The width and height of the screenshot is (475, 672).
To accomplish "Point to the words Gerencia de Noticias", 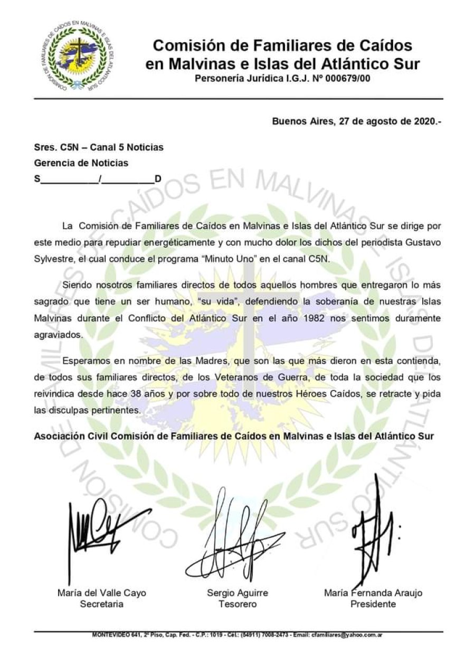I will click(81, 163).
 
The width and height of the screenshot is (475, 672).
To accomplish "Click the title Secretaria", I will click(101, 604).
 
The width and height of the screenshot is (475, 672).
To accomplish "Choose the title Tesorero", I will click(237, 604).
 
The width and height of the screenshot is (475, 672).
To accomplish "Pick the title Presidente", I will click(373, 604).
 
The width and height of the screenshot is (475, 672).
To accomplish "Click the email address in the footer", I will click(347, 635).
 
